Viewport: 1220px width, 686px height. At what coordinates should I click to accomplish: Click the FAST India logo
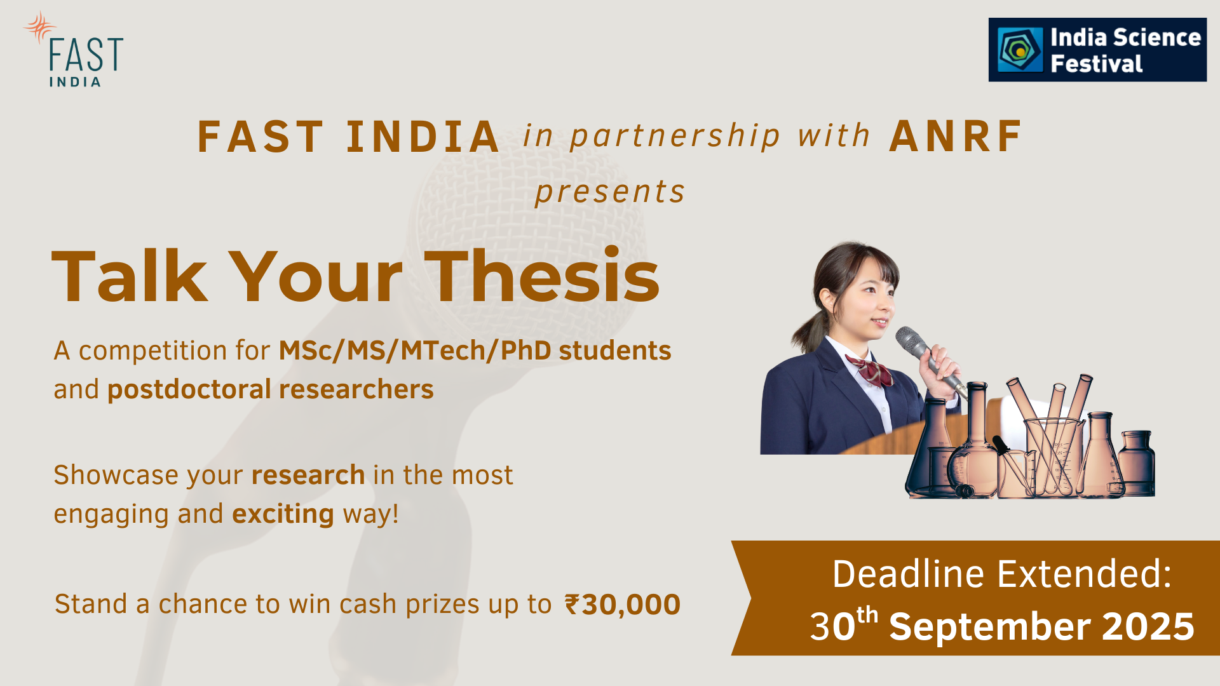coord(74,49)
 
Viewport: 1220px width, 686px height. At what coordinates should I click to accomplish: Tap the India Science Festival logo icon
coord(1019,50)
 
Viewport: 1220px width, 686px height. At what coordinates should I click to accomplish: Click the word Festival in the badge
coord(1096,64)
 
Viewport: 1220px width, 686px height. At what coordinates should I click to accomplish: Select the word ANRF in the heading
coord(955,136)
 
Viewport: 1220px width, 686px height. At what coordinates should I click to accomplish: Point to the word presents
coord(610,191)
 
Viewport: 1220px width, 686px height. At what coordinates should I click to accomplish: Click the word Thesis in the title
coord(542,276)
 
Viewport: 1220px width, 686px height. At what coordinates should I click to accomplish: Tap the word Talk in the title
coord(130,276)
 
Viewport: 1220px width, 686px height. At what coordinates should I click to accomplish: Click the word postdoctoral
coord(189,389)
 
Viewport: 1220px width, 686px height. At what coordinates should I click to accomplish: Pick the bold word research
coord(308,475)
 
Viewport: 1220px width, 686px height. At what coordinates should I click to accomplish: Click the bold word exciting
coord(283,514)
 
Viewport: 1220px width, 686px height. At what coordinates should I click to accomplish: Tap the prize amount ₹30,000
coord(623,604)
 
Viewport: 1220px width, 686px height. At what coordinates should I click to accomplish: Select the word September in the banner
coord(989,627)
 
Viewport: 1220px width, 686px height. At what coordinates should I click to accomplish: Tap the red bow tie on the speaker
coord(869,371)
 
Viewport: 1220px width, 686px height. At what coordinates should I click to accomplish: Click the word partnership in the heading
coord(675,137)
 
